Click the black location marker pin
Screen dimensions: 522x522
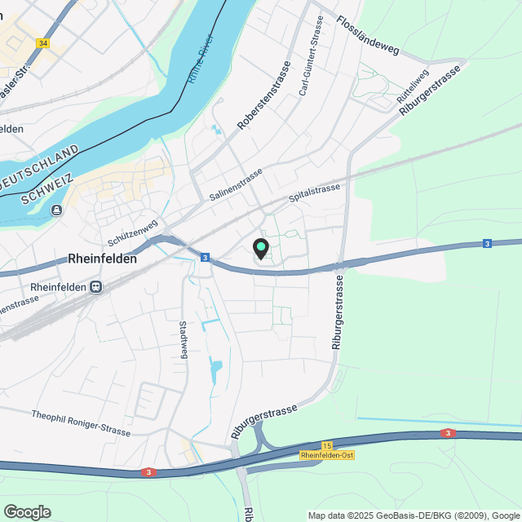point(261,248)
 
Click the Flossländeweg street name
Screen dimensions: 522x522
point(368,38)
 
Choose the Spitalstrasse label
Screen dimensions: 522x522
point(314,193)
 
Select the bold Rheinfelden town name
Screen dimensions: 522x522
point(102,259)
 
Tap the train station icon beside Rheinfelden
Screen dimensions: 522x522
point(97,287)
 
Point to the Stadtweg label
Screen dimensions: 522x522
point(184,339)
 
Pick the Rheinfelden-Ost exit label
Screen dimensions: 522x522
point(327,455)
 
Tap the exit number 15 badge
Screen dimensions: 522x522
point(327,445)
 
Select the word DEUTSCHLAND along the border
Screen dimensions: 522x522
point(40,169)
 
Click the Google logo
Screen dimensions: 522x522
point(27,511)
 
